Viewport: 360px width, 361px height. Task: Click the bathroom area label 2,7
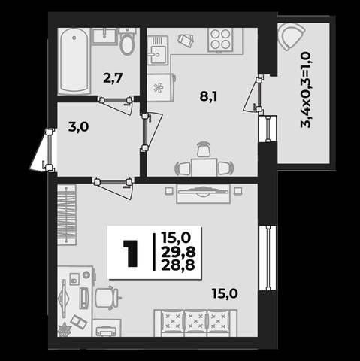pos(113,78)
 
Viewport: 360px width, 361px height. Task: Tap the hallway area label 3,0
pos(79,127)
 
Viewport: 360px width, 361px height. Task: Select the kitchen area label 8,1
pos(208,96)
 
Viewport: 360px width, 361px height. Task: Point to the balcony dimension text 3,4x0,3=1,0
pos(306,89)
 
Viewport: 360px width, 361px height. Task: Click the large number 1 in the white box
pos(131,253)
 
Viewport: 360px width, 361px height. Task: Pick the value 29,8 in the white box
pos(178,252)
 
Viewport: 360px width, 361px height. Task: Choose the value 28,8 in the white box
pos(178,265)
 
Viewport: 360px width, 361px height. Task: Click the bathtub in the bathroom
pos(74,60)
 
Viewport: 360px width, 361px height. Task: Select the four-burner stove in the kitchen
pos(220,39)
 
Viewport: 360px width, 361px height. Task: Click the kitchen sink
pos(157,50)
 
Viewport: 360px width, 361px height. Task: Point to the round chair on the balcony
pos(291,36)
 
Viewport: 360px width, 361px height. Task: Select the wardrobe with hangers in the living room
pos(67,214)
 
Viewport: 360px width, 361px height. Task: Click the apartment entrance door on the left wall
pos(44,150)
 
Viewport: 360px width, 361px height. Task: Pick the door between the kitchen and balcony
pos(253,94)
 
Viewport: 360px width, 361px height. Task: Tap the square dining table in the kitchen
pos(204,167)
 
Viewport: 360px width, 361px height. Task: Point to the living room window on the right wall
pos(268,258)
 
